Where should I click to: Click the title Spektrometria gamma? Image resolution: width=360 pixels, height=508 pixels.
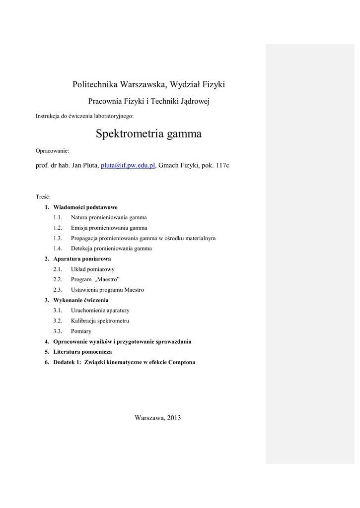(x=148, y=133)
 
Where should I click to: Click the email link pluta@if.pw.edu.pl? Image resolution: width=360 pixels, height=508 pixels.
(x=128, y=166)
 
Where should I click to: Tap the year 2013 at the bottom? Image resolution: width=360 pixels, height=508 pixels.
(x=174, y=418)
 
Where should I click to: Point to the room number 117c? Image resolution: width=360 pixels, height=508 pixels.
(x=221, y=166)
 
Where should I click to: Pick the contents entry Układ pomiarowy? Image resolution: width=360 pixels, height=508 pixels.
(x=93, y=269)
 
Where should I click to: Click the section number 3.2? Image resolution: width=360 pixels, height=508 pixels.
(x=58, y=321)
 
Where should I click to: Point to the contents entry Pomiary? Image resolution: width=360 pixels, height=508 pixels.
(x=81, y=331)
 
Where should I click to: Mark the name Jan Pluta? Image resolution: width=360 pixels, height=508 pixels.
(x=84, y=166)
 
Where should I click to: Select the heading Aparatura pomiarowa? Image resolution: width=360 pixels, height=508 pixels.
(x=82, y=259)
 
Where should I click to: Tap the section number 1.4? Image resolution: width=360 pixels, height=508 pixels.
(x=58, y=249)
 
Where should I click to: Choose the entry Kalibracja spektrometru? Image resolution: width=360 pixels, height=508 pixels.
(x=100, y=321)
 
